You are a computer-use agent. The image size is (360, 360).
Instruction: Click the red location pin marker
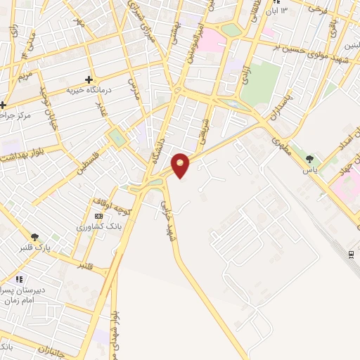tap(181, 165)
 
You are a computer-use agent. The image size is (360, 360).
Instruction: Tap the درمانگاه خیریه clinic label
tap(89, 91)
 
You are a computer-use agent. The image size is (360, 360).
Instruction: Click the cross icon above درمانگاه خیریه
tap(89, 80)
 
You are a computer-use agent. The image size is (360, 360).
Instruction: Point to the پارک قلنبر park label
tap(35, 249)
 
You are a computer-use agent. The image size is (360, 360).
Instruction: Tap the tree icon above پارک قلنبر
tap(35, 237)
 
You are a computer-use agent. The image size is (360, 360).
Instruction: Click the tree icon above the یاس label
tap(309, 157)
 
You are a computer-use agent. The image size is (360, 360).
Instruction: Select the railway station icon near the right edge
tap(350, 254)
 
